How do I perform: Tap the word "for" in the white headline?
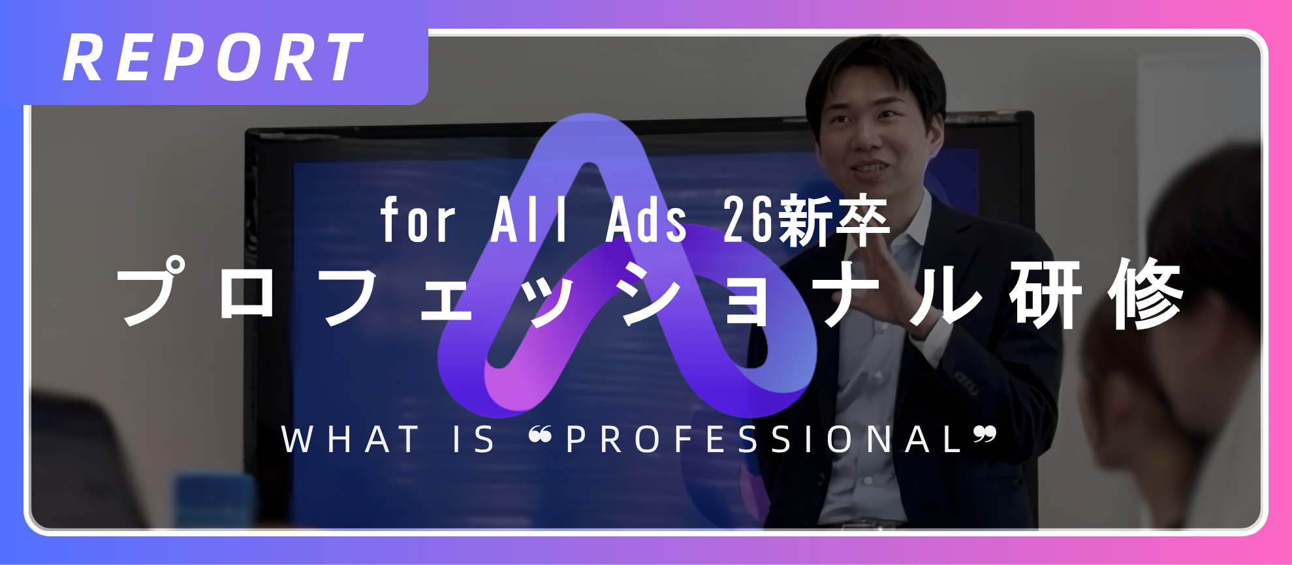pyautogui.click(x=418, y=221)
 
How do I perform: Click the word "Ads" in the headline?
pyautogui.click(x=646, y=221)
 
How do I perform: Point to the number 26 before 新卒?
pyautogui.click(x=748, y=221)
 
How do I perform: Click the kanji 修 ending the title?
pyautogui.click(x=1146, y=294)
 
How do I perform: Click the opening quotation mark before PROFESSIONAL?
pyautogui.click(x=541, y=434)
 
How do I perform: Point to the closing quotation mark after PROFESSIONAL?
pyautogui.click(x=985, y=434)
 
